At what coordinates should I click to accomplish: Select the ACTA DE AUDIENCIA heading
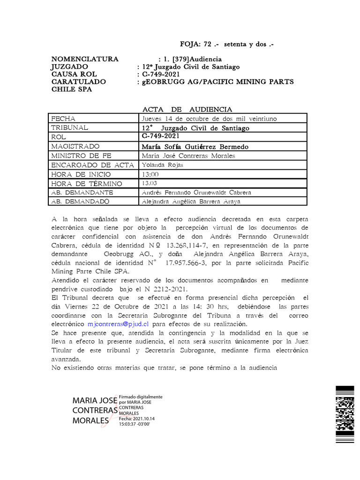[187, 109]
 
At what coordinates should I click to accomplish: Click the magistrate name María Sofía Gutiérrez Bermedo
[195, 147]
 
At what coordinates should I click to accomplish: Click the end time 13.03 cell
[150, 183]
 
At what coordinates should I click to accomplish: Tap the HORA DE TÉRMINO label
[86, 184]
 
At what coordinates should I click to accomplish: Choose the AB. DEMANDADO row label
[80, 202]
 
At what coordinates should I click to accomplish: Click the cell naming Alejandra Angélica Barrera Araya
[191, 202]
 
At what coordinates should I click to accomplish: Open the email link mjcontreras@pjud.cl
[118, 324]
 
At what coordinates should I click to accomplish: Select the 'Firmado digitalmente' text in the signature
[141, 397]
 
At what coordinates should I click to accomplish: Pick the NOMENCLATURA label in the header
[85, 59]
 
